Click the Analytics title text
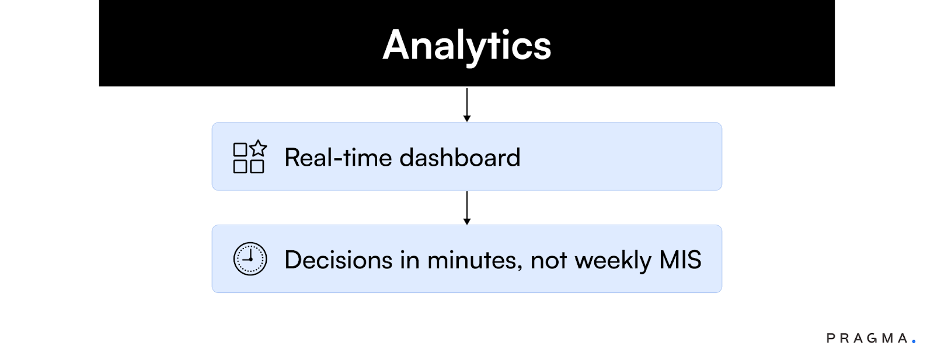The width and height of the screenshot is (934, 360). tap(467, 46)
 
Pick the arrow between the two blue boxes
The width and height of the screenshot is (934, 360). tap(467, 207)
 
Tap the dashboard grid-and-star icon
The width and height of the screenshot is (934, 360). tap(249, 158)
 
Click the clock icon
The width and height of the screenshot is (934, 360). tap(250, 259)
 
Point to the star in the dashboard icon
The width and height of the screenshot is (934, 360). tap(259, 148)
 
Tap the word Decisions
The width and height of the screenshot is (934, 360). tap(338, 260)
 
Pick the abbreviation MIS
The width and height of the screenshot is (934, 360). tap(680, 260)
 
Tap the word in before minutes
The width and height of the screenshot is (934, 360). tap(410, 260)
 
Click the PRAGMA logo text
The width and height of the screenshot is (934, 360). tap(867, 338)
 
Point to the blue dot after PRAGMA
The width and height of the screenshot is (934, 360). tap(914, 341)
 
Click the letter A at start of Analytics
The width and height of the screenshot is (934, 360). tap(397, 46)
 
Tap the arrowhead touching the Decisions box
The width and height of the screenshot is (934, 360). tap(467, 222)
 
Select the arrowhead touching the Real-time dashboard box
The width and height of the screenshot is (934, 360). tap(467, 118)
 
